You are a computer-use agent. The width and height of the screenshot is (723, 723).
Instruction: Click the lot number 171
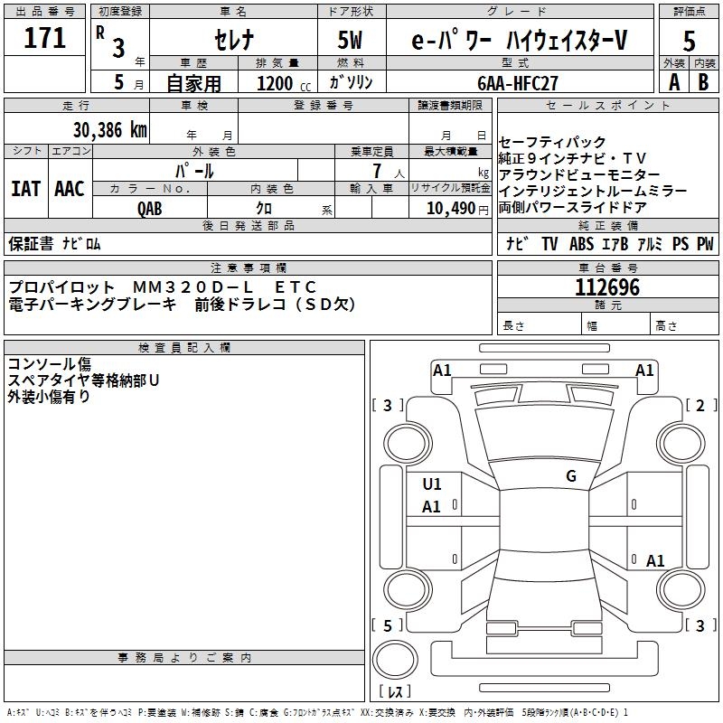point(45,39)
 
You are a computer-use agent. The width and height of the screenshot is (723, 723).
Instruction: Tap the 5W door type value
point(352,41)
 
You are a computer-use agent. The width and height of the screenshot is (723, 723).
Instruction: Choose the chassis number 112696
point(607,288)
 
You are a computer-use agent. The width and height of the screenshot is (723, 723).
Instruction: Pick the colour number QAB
point(150,208)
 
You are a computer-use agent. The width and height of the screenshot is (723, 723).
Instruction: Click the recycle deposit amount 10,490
point(449,208)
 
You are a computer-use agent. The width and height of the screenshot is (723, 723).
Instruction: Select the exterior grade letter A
point(673,82)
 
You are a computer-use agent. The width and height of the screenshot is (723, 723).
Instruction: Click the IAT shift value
point(25,189)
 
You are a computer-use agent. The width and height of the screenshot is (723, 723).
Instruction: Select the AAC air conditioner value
point(70,189)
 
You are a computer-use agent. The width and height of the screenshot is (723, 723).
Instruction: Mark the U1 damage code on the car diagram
point(432,484)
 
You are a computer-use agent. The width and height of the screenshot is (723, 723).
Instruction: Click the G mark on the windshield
point(570,476)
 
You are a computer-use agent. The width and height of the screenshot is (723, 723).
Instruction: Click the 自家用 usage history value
point(193,83)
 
